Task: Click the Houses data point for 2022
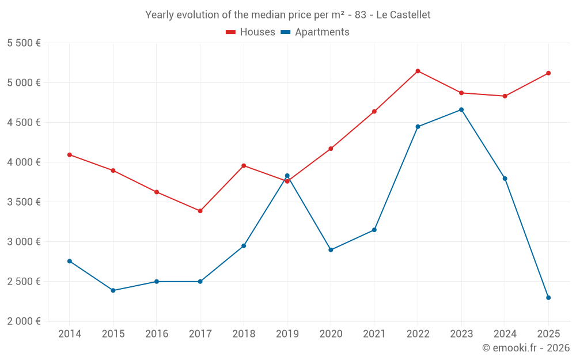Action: [418, 71]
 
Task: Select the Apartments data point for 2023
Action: [461, 109]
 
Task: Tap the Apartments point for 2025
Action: [548, 298]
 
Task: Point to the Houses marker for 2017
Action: [200, 211]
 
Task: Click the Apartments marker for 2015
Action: [113, 290]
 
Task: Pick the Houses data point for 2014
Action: [70, 155]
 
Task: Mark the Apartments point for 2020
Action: [331, 250]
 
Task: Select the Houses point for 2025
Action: [548, 73]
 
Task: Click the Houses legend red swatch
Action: [231, 32]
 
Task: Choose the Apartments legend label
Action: [322, 32]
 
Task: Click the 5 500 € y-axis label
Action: [24, 43]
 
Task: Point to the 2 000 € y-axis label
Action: [24, 321]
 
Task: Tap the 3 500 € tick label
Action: [24, 202]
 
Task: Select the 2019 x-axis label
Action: [287, 334]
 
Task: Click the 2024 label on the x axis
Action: [505, 334]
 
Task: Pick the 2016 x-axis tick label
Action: [157, 334]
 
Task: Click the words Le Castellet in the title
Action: [403, 14]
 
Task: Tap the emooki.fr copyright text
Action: [525, 348]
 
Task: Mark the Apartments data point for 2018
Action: [244, 246]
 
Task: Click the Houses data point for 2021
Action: [374, 111]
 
